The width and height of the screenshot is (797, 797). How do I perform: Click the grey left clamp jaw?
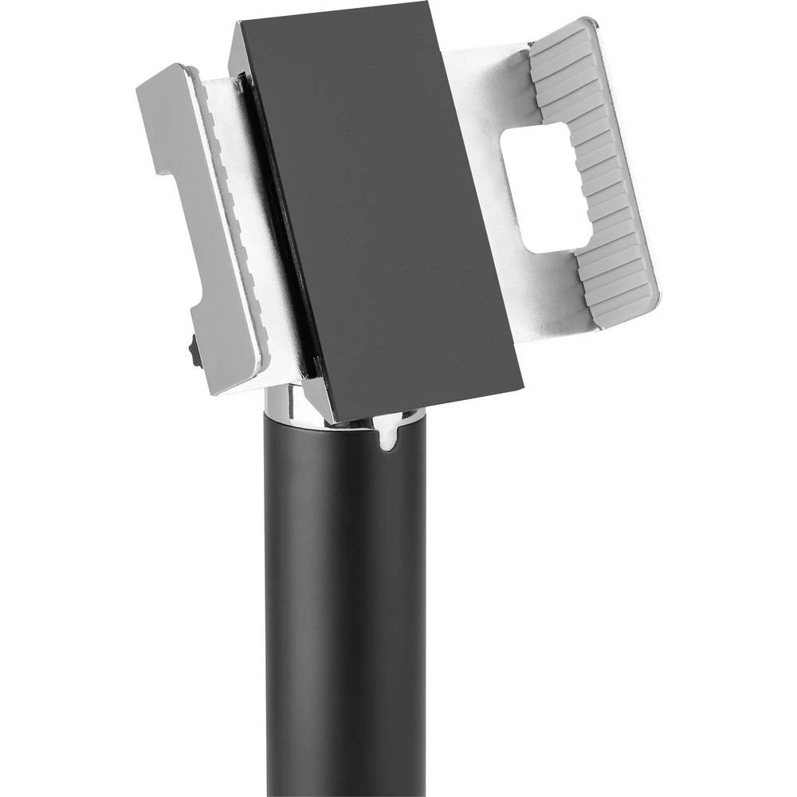[199, 239]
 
